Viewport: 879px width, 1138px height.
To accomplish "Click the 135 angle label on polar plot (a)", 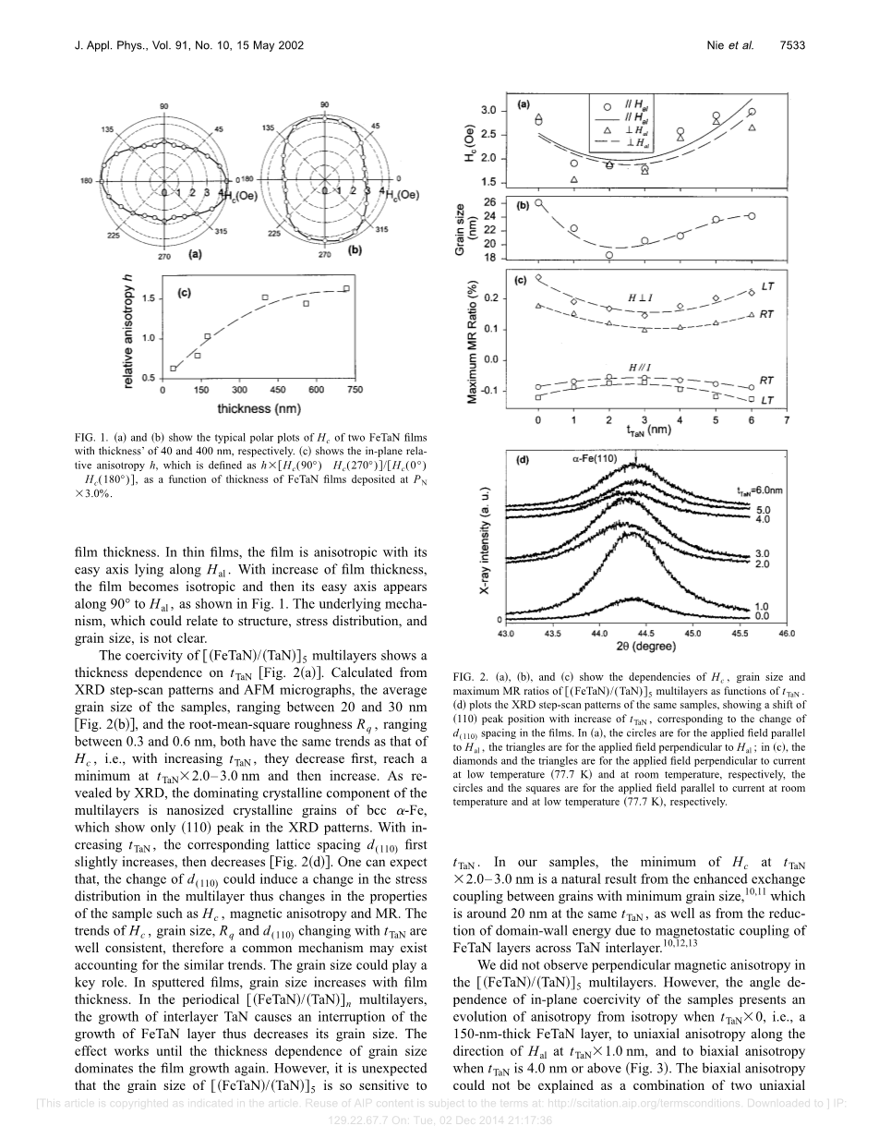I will point(107,130).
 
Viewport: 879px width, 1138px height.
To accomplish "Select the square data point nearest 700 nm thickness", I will point(346,289).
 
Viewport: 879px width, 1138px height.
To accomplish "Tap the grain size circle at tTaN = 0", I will point(538,203).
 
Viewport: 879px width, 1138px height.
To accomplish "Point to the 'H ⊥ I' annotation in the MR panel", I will point(641,297).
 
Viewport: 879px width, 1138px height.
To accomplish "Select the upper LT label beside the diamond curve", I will point(767,287).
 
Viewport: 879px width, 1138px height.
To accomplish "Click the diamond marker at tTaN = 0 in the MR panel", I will point(538,277).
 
